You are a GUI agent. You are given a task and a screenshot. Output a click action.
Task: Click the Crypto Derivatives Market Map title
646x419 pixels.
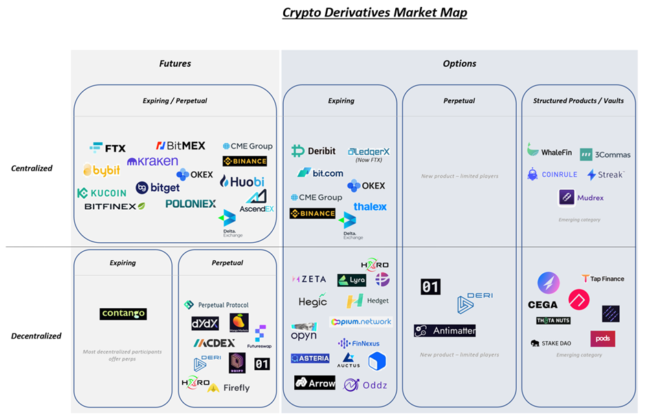pyautogui.click(x=375, y=12)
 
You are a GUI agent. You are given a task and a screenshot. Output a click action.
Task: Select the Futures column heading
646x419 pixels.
pyautogui.click(x=175, y=63)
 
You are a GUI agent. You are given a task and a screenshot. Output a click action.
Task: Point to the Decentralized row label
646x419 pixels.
pyautogui.click(x=36, y=336)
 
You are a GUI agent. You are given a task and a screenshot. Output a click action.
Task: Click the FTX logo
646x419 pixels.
pyautogui.click(x=108, y=148)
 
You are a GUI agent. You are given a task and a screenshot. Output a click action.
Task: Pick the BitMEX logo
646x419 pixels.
pyautogui.click(x=180, y=146)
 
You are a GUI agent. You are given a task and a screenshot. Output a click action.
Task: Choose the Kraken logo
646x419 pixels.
pyautogui.click(x=153, y=161)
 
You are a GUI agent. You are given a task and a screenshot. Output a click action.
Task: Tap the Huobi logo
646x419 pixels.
pyautogui.click(x=242, y=182)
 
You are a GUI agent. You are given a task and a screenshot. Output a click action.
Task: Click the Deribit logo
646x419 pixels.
pyautogui.click(x=313, y=151)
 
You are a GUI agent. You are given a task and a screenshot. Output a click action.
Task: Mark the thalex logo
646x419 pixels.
pyautogui.click(x=370, y=206)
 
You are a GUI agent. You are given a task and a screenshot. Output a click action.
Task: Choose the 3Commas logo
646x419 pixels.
pyautogui.click(x=605, y=155)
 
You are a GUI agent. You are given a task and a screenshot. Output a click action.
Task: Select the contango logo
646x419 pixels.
pyautogui.click(x=123, y=314)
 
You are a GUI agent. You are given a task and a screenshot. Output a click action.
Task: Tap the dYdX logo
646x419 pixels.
pyautogui.click(x=205, y=323)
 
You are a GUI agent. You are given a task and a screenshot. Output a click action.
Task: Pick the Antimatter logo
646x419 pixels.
pyautogui.click(x=445, y=331)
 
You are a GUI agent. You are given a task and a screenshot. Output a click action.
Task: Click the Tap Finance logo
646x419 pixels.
pyautogui.click(x=603, y=279)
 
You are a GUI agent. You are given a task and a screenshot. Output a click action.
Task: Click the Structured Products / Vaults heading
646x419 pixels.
pyautogui.click(x=578, y=100)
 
